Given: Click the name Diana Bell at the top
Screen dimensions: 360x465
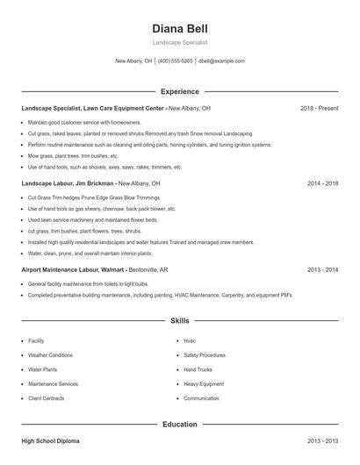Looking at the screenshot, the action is (179, 28).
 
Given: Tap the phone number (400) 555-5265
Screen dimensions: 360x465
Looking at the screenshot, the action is (175, 61).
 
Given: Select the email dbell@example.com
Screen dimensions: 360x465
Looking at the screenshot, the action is (221, 61).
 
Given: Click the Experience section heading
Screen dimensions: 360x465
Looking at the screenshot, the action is (179, 91).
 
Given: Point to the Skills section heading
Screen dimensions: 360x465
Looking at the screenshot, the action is (179, 321).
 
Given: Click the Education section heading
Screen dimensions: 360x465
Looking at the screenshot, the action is (179, 424).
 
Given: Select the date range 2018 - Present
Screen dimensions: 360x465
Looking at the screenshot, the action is (319, 108).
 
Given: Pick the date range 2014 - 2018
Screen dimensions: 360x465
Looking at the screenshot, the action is (322, 184).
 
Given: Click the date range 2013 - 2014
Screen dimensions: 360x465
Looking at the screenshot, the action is (322, 270).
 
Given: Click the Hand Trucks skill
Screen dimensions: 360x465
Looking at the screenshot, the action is (198, 369).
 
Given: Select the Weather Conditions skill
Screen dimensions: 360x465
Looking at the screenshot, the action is (50, 355).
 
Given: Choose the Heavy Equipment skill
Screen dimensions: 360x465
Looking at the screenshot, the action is (203, 383).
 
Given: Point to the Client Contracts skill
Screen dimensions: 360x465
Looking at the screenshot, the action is (47, 398).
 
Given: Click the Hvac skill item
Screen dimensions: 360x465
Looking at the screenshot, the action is (190, 340).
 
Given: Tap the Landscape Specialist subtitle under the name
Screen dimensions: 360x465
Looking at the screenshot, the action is (179, 42).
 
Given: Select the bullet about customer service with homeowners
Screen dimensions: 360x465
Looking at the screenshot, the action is (84, 122).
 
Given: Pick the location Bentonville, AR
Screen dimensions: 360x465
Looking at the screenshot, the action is (151, 270).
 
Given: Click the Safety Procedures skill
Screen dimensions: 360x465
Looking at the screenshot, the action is (205, 355).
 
